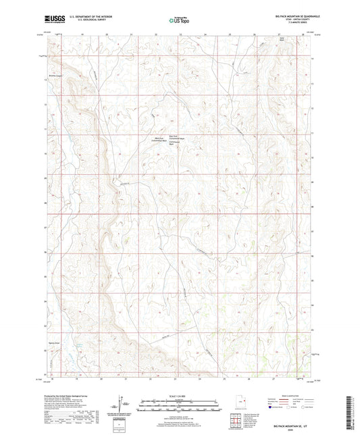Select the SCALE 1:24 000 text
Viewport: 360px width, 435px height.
pyautogui.click(x=180, y=396)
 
